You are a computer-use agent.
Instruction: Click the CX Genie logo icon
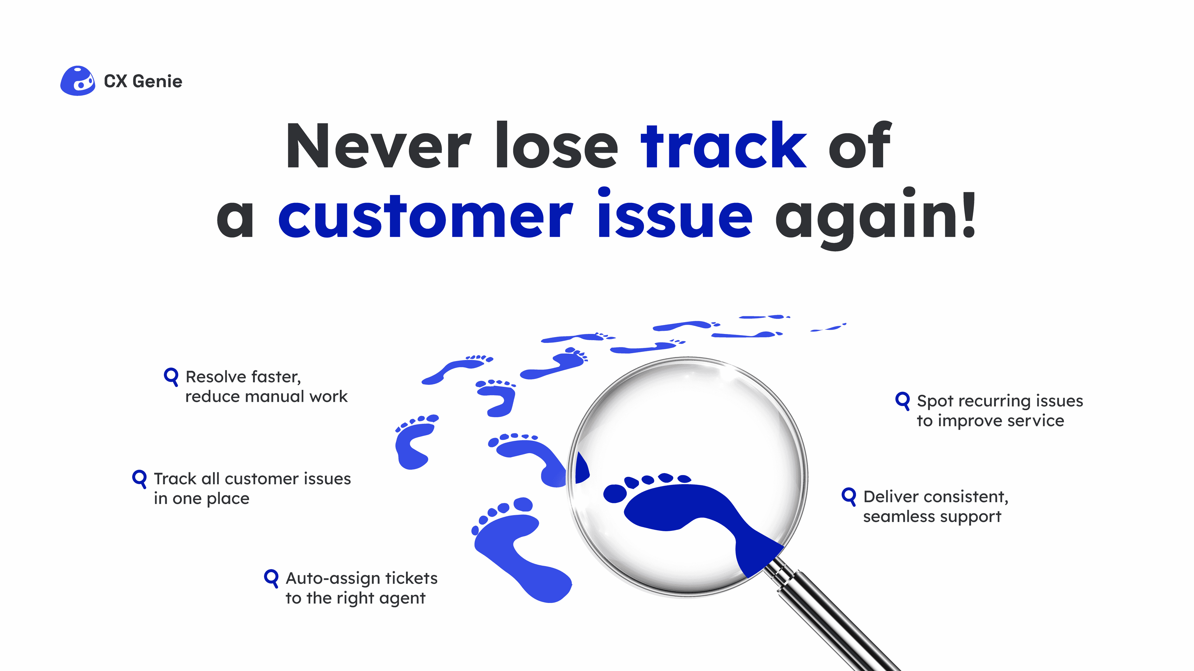point(77,81)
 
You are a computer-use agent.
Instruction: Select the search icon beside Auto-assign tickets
point(271,578)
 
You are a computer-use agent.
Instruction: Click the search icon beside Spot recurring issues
point(902,400)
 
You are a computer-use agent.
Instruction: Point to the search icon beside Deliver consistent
point(849,496)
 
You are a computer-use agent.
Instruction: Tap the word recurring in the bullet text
point(1001,401)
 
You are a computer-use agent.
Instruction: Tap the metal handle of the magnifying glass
point(834,621)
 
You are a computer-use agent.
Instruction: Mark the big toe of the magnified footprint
point(614,494)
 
